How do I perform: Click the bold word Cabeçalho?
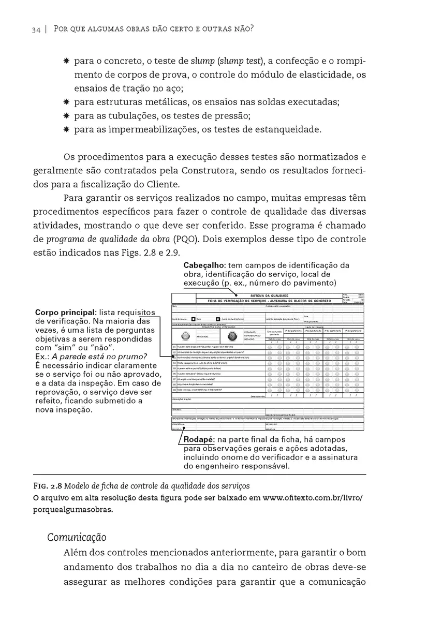(204, 265)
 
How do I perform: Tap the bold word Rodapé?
(199, 439)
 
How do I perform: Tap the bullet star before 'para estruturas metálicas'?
(66, 102)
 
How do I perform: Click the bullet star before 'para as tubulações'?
(66, 115)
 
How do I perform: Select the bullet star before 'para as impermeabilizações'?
(66, 129)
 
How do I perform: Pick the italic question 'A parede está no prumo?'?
(98, 356)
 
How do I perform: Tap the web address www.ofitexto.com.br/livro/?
(313, 498)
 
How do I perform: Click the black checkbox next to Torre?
(194, 319)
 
